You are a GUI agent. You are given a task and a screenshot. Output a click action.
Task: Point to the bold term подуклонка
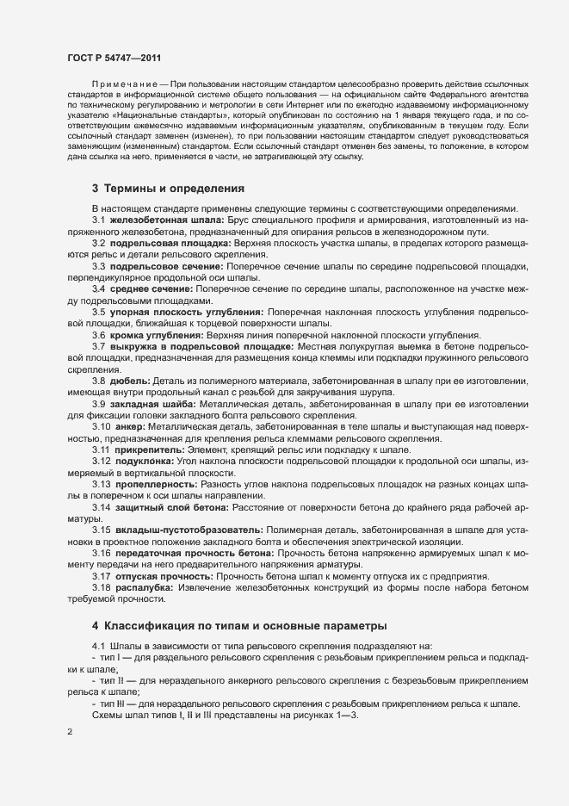click(142, 460)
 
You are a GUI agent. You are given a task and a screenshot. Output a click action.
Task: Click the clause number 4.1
click(97, 645)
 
